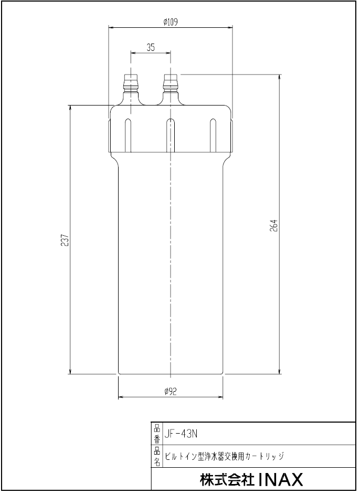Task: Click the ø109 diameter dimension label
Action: click(171, 22)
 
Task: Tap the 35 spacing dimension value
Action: click(151, 47)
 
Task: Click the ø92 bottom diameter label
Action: click(171, 391)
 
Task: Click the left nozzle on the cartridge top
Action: click(131, 84)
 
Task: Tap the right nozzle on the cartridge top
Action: click(171, 84)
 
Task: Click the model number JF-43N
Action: click(181, 434)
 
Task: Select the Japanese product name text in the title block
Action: click(224, 456)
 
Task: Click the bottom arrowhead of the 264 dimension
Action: click(279, 372)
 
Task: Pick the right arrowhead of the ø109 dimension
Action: click(230, 28)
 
